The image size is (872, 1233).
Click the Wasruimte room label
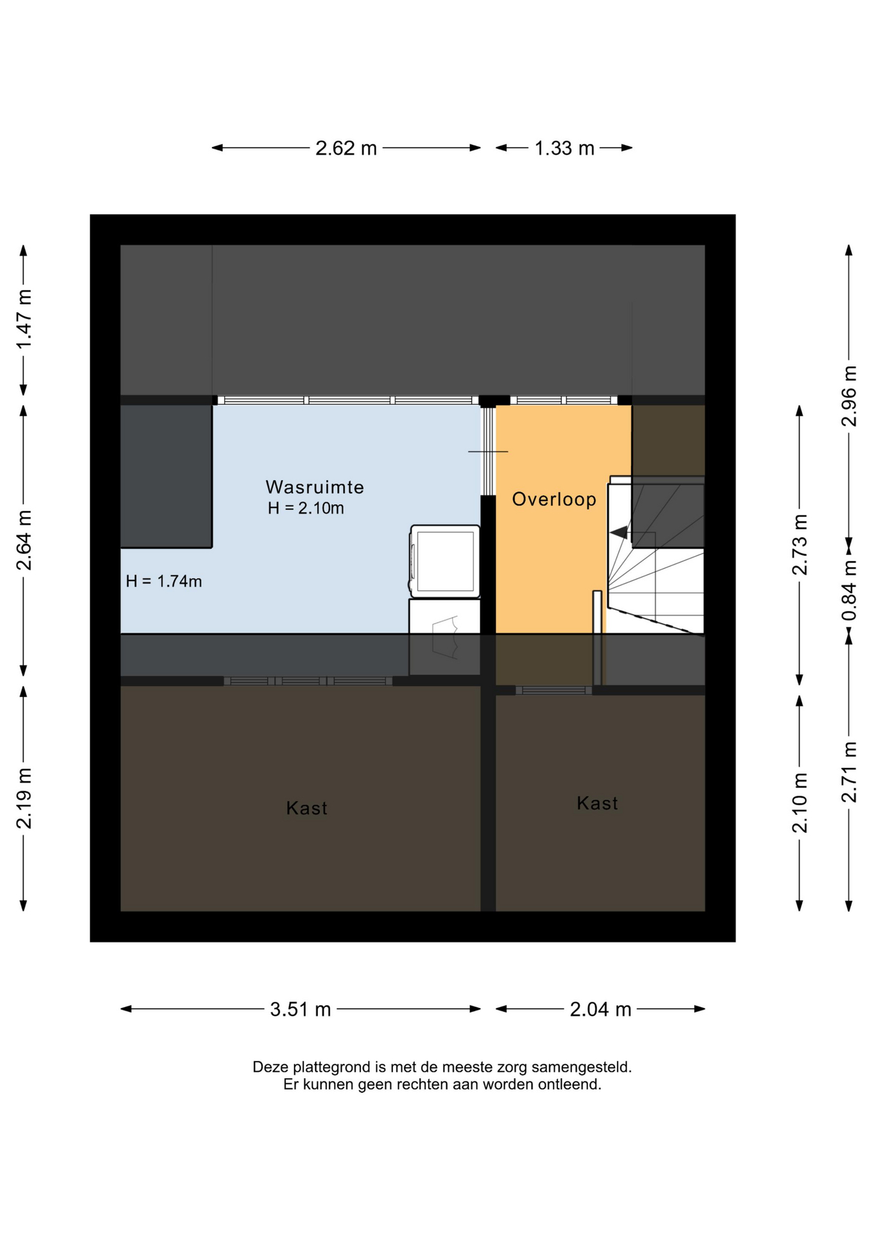click(x=315, y=487)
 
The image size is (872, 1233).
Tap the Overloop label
click(x=554, y=500)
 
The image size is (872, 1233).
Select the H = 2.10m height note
click(x=306, y=508)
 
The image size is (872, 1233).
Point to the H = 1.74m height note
click(x=164, y=581)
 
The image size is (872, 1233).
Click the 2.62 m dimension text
click(x=346, y=148)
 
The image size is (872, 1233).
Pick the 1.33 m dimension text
click(x=564, y=148)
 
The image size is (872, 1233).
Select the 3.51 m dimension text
click(x=301, y=1010)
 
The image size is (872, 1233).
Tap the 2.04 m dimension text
click(x=601, y=1010)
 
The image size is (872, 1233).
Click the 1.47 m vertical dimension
click(x=24, y=320)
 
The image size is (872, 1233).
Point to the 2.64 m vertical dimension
click(x=24, y=540)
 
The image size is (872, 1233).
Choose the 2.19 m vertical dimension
click(x=24, y=798)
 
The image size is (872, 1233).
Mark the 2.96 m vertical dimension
click(x=849, y=396)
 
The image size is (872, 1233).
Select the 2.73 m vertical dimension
click(x=799, y=545)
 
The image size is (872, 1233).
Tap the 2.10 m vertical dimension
click(x=799, y=803)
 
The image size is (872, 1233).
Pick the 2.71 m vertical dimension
click(x=849, y=772)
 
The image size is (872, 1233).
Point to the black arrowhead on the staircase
click(x=618, y=532)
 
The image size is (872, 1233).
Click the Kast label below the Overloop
click(x=597, y=803)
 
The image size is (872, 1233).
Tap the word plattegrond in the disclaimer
click(x=332, y=1067)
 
